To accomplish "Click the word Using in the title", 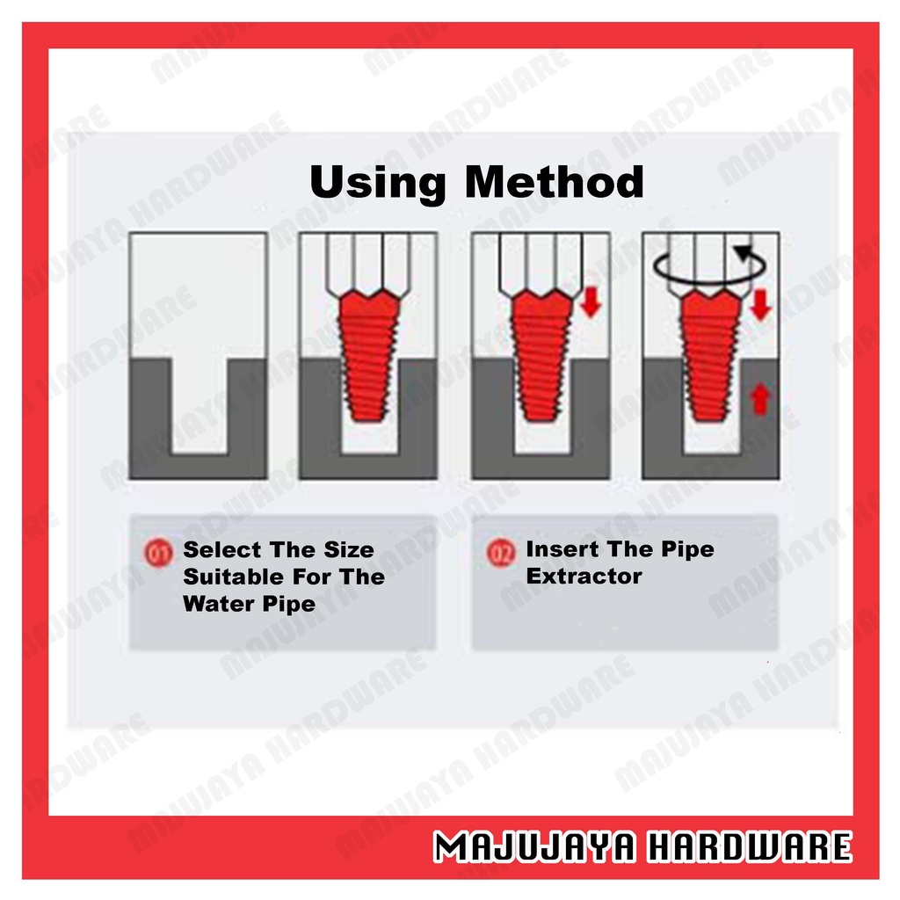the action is (x=378, y=184).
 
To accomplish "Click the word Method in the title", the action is (x=554, y=182).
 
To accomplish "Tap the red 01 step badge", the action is (x=158, y=554).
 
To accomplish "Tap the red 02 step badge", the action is (x=501, y=554).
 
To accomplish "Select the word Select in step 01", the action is (x=222, y=550).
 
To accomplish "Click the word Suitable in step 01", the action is (x=233, y=577).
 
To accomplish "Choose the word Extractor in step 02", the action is (x=584, y=576).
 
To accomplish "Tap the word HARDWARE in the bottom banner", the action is (x=749, y=846).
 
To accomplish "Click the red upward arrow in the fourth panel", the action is (x=760, y=400).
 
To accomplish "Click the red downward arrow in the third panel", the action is (x=590, y=302).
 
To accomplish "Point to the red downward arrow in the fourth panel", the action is (x=760, y=305).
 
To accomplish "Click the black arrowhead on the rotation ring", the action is (x=745, y=253).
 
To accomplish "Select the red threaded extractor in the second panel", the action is (x=368, y=355).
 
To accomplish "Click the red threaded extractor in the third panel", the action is (x=541, y=355).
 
